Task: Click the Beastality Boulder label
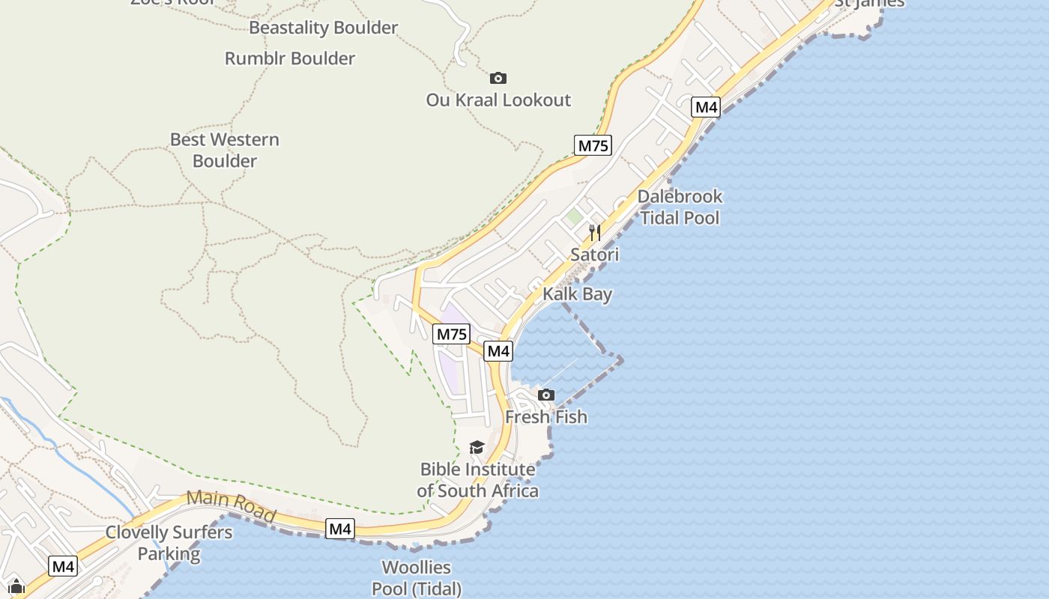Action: pyautogui.click(x=323, y=28)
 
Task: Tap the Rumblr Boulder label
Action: pyautogui.click(x=289, y=58)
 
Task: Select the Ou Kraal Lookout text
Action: pyautogui.click(x=498, y=100)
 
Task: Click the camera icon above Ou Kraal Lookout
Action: pyautogui.click(x=498, y=78)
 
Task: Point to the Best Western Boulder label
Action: pyautogui.click(x=225, y=150)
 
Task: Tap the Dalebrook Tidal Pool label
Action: pyautogui.click(x=680, y=207)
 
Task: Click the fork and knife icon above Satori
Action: pyautogui.click(x=595, y=232)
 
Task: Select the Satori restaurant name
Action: pyautogui.click(x=595, y=255)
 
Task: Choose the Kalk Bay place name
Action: pyautogui.click(x=577, y=294)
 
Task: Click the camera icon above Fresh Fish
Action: pyautogui.click(x=546, y=395)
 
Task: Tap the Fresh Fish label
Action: pyautogui.click(x=546, y=416)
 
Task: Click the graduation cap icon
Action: pyautogui.click(x=477, y=448)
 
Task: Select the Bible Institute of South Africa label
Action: pyautogui.click(x=477, y=480)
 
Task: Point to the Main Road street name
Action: pyautogui.click(x=231, y=505)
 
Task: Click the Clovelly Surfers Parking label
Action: pyautogui.click(x=169, y=544)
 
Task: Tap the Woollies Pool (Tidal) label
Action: pyautogui.click(x=417, y=578)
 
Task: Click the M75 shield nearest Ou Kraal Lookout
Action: pyautogui.click(x=593, y=145)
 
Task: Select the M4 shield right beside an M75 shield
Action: pyautogui.click(x=498, y=350)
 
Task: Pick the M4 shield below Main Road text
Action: pyautogui.click(x=340, y=529)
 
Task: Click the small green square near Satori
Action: pyautogui.click(x=574, y=217)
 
